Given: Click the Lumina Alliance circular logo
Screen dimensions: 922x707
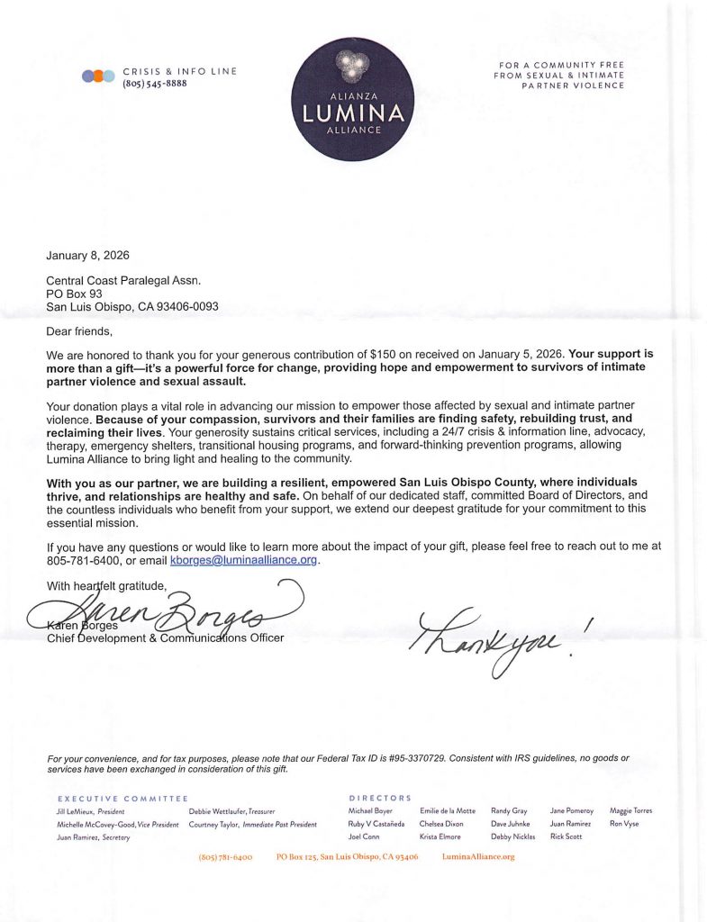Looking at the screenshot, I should click(353, 99).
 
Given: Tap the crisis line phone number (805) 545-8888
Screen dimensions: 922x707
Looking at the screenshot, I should click(155, 84).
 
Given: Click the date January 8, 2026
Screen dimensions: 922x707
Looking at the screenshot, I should click(87, 255).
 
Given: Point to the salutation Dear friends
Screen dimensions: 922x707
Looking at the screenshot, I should click(79, 331).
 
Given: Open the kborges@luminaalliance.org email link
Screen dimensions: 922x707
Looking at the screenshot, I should click(244, 560).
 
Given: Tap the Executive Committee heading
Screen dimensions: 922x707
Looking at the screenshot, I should click(122, 799).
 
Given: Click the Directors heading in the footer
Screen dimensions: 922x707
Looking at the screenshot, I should click(380, 799).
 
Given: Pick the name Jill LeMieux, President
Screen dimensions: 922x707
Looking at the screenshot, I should click(90, 811).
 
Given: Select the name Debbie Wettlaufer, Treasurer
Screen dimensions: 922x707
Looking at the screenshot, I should click(231, 811).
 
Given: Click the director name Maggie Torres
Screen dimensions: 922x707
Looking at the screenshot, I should click(630, 811).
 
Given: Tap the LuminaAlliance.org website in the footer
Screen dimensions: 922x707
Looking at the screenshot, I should click(478, 857).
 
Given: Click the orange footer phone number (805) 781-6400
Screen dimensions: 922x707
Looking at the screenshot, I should click(225, 857).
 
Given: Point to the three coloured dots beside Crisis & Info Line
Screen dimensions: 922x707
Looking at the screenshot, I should click(98, 77).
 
